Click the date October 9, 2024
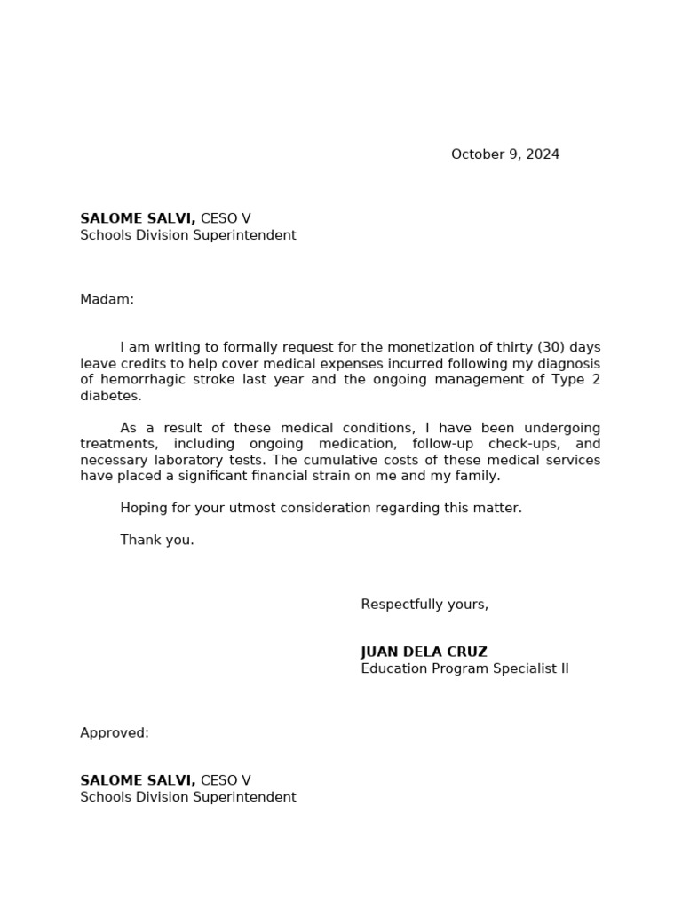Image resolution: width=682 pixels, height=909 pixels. (504, 154)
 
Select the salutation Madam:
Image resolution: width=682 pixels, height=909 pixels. (107, 300)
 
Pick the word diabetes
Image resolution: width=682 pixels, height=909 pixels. (110, 396)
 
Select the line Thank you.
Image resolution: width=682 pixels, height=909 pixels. (157, 540)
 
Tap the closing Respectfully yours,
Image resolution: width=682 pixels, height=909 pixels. (424, 605)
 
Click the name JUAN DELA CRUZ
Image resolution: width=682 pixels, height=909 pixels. (424, 652)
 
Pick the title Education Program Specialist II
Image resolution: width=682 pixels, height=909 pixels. (464, 668)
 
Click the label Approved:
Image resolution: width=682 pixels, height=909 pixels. (115, 733)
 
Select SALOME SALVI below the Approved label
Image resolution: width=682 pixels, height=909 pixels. (138, 781)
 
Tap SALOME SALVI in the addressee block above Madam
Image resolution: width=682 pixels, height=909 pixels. (138, 219)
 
